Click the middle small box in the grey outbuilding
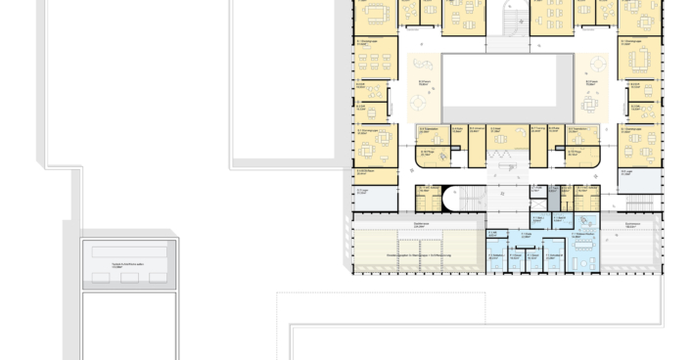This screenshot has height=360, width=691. [129, 278]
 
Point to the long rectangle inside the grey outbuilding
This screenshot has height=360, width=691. [129, 252]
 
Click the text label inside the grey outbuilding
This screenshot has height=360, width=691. [128, 265]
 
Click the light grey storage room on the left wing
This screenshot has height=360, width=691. [376, 197]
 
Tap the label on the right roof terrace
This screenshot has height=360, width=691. [631, 226]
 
